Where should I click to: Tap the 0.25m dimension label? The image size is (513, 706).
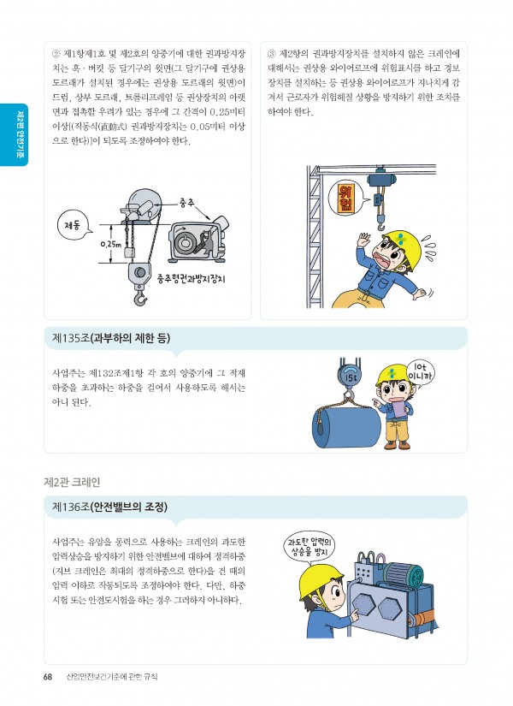pyautogui.click(x=110, y=245)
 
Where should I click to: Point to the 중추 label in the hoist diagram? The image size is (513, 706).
pyautogui.click(x=186, y=203)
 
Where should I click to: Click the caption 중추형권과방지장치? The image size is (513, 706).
pyautogui.click(x=191, y=279)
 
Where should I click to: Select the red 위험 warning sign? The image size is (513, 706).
pyautogui.click(x=347, y=199)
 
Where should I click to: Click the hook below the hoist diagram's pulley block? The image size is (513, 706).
pyautogui.click(x=140, y=297)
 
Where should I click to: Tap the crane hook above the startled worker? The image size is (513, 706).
pyautogui.click(x=381, y=222)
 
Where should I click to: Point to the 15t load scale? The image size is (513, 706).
pyautogui.click(x=350, y=377)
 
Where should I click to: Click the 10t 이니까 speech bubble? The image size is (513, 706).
pyautogui.click(x=421, y=371)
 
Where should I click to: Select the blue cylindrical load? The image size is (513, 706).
pyautogui.click(x=346, y=426)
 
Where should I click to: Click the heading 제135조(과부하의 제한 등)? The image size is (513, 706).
pyautogui.click(x=111, y=339)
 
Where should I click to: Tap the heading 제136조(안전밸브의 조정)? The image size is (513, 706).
pyautogui.click(x=109, y=507)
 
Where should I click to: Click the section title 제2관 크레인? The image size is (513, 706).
pyautogui.click(x=72, y=483)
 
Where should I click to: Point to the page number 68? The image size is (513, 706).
pyautogui.click(x=48, y=677)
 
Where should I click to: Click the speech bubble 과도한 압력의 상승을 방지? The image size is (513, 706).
pyautogui.click(x=310, y=547)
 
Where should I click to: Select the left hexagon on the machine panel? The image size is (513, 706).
pyautogui.click(x=363, y=606)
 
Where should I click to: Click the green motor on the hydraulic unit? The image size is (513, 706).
pyautogui.click(x=404, y=574)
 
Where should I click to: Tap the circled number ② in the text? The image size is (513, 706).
pyautogui.click(x=56, y=54)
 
